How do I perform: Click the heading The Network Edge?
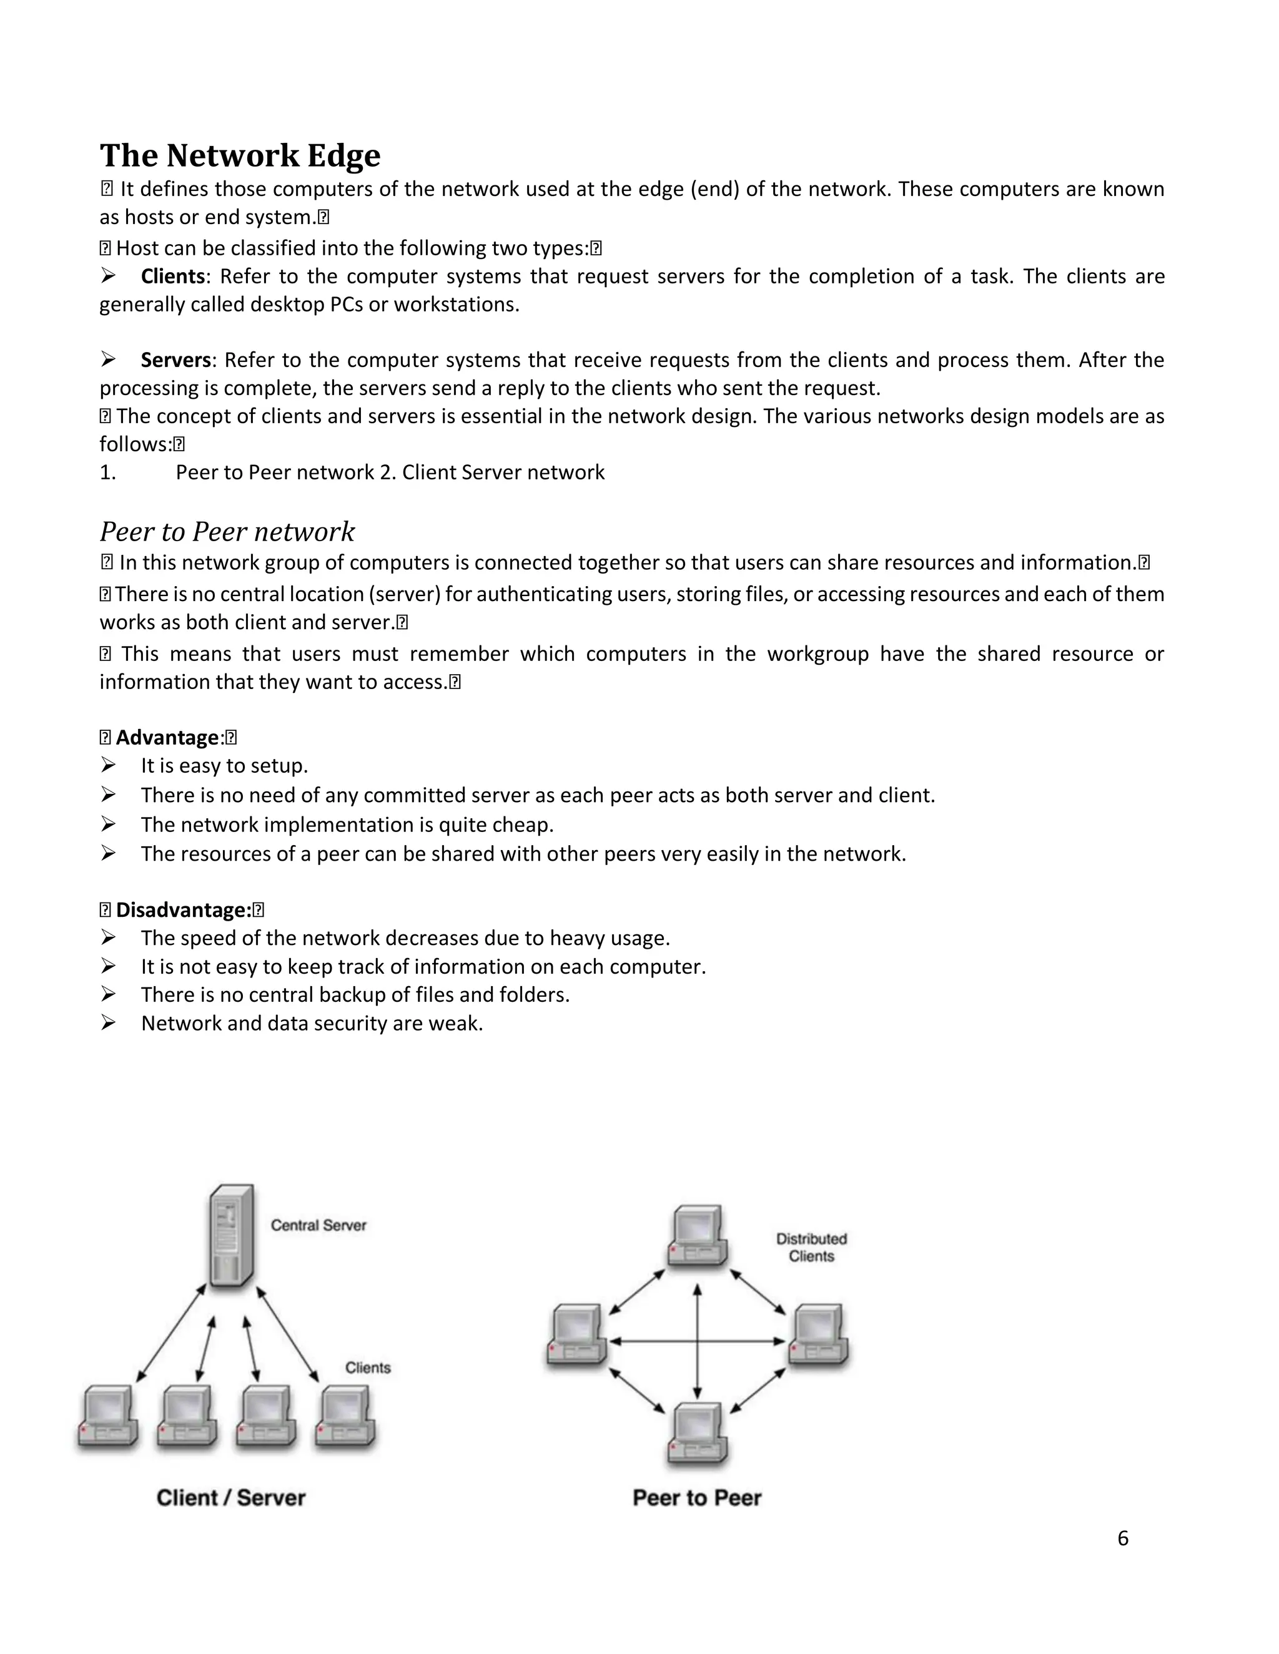(x=240, y=155)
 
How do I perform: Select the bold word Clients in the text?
(x=173, y=276)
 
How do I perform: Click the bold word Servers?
(x=175, y=360)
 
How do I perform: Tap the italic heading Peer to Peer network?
(x=227, y=532)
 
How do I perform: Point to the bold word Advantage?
(x=167, y=738)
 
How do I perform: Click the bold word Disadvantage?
(x=182, y=909)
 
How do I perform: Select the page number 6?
(x=1122, y=1538)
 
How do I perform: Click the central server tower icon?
(x=232, y=1235)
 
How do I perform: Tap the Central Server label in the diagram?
(x=319, y=1225)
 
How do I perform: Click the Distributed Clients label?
(x=811, y=1247)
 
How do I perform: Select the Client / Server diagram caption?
(x=231, y=1498)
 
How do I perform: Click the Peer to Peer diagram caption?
(x=697, y=1498)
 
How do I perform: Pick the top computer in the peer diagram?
(x=698, y=1236)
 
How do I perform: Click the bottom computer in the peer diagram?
(x=698, y=1434)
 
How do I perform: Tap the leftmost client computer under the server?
(x=107, y=1417)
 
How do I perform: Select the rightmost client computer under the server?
(x=346, y=1417)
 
